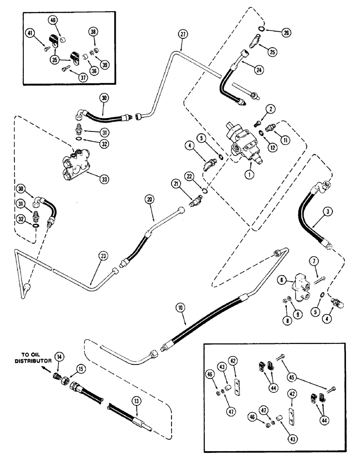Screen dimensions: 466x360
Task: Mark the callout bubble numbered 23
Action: click(x=102, y=255)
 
